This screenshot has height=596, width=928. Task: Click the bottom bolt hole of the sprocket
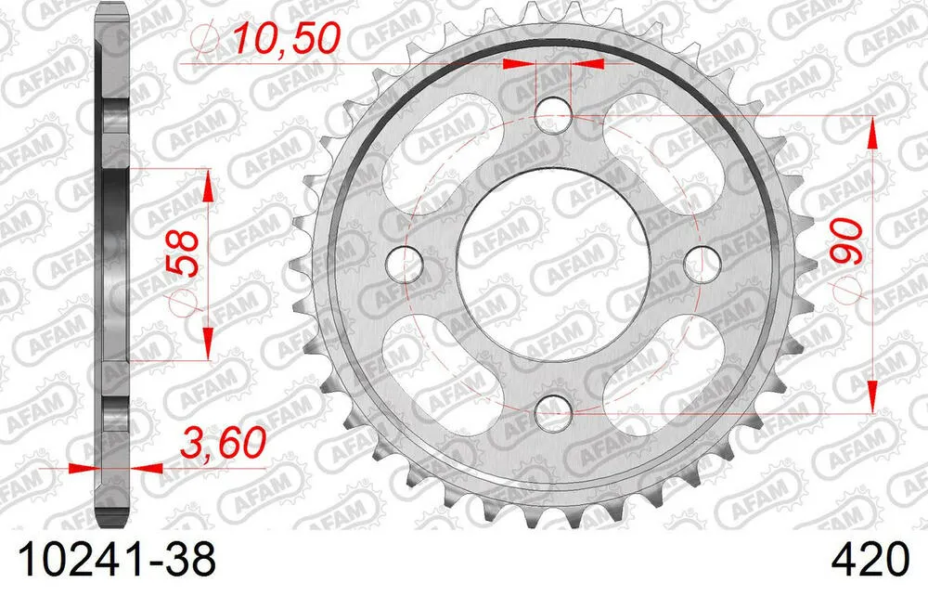pyautogui.click(x=554, y=406)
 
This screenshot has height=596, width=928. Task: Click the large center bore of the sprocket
pyautogui.click(x=554, y=261)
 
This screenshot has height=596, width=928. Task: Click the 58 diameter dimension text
pyautogui.click(x=183, y=252)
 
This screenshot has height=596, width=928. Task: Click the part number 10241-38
pyautogui.click(x=110, y=561)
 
